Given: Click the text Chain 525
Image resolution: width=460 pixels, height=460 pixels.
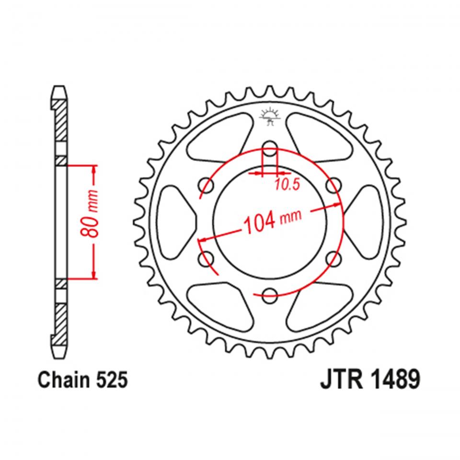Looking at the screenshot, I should tap(82, 381).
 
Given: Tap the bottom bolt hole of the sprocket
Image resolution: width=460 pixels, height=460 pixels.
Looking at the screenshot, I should tap(270, 294).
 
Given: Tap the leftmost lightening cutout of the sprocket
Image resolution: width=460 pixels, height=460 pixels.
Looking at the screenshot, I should tap(176, 221).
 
